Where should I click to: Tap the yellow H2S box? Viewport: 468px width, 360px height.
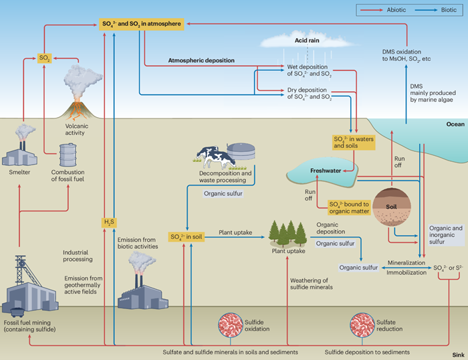109,222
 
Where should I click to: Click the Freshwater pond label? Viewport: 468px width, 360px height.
325,171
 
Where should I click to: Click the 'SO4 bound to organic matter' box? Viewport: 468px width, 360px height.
349,207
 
